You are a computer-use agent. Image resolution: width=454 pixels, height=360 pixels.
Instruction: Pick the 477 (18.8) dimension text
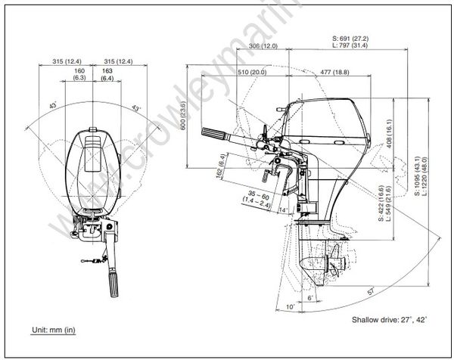(x=334, y=72)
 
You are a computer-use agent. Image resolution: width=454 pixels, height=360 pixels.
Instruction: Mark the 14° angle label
(x=283, y=208)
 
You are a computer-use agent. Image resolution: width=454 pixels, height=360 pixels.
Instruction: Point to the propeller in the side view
(x=334, y=266)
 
